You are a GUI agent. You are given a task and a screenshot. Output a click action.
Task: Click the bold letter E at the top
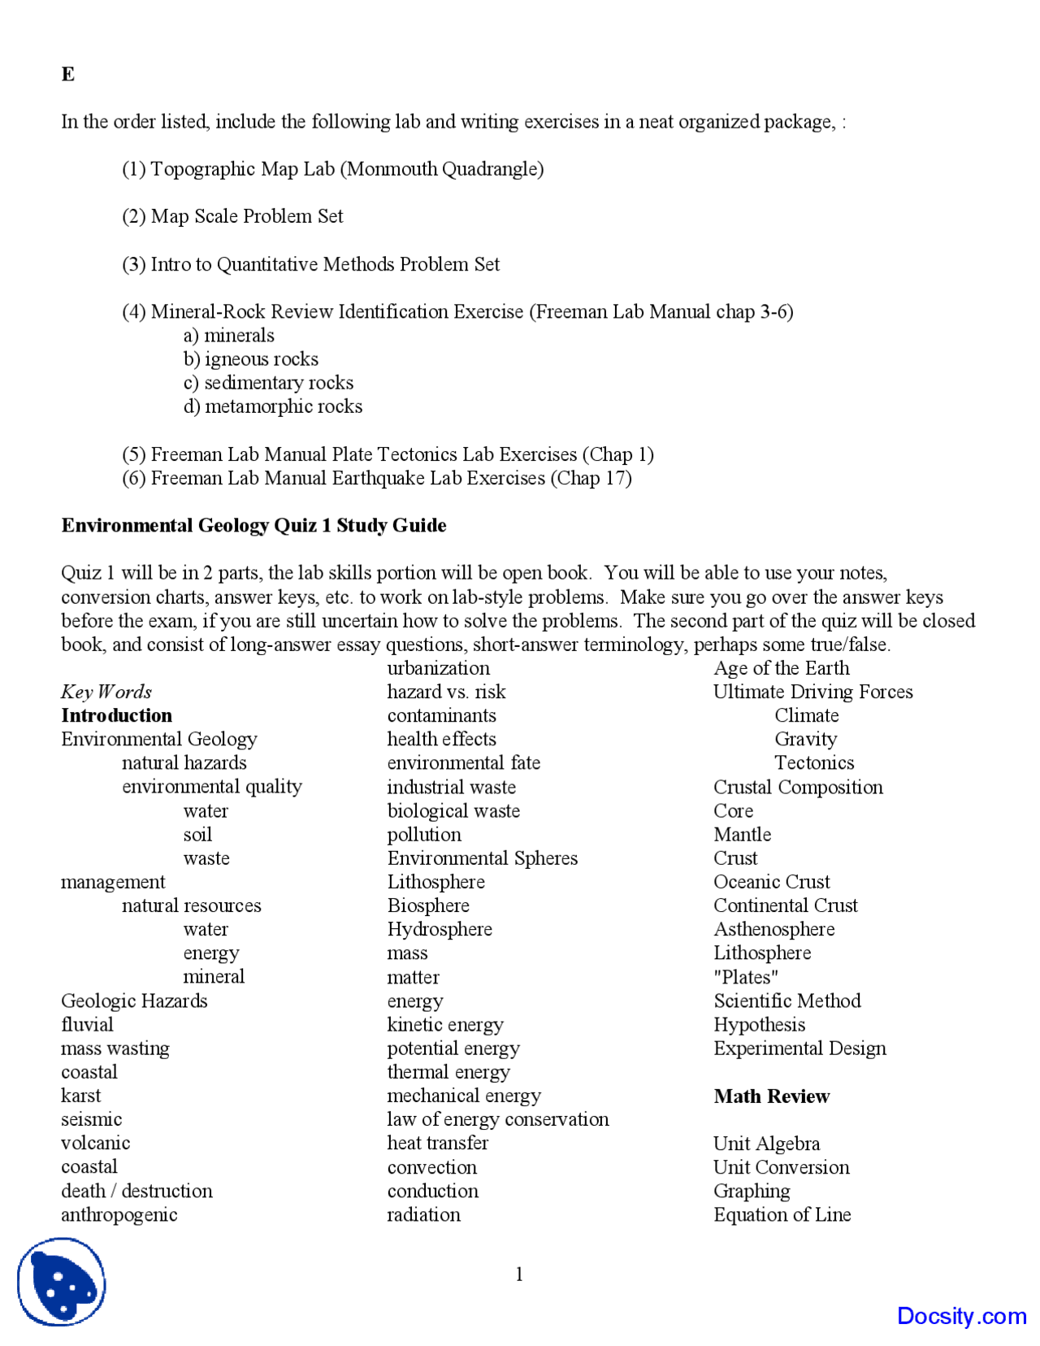coord(68,75)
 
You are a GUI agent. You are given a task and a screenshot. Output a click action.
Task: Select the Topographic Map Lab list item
coord(332,169)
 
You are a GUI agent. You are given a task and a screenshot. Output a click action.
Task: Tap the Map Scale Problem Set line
coord(232,216)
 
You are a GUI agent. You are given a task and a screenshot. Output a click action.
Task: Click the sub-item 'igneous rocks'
coord(251,359)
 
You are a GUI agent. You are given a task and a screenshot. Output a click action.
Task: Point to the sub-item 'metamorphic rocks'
coord(273,406)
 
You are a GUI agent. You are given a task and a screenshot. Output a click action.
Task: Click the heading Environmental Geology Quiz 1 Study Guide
coord(253,526)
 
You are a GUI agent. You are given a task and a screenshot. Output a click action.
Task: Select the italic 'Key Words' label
coord(106,692)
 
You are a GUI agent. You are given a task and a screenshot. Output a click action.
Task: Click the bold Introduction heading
coord(116,715)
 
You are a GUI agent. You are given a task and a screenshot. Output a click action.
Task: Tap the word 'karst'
coord(81,1096)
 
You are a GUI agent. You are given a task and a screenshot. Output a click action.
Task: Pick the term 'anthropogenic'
coord(119,1214)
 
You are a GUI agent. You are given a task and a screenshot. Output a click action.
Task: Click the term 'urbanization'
coord(439,668)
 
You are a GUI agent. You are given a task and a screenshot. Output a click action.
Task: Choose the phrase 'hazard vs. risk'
coord(446,692)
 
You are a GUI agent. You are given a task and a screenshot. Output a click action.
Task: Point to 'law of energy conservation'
coord(498,1119)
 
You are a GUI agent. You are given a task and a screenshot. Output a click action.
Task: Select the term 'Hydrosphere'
coord(440,929)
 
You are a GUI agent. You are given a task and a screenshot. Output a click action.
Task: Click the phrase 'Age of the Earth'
coord(782,668)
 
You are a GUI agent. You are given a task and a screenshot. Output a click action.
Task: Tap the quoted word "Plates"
coord(746,977)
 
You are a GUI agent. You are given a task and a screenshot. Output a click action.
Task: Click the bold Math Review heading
coord(772,1096)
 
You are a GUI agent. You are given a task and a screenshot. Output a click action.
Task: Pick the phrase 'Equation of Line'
coord(782,1214)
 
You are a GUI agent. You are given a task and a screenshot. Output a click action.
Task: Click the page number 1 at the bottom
coord(519,1274)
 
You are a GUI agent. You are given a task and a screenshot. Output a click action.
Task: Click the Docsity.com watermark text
coord(962,1316)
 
